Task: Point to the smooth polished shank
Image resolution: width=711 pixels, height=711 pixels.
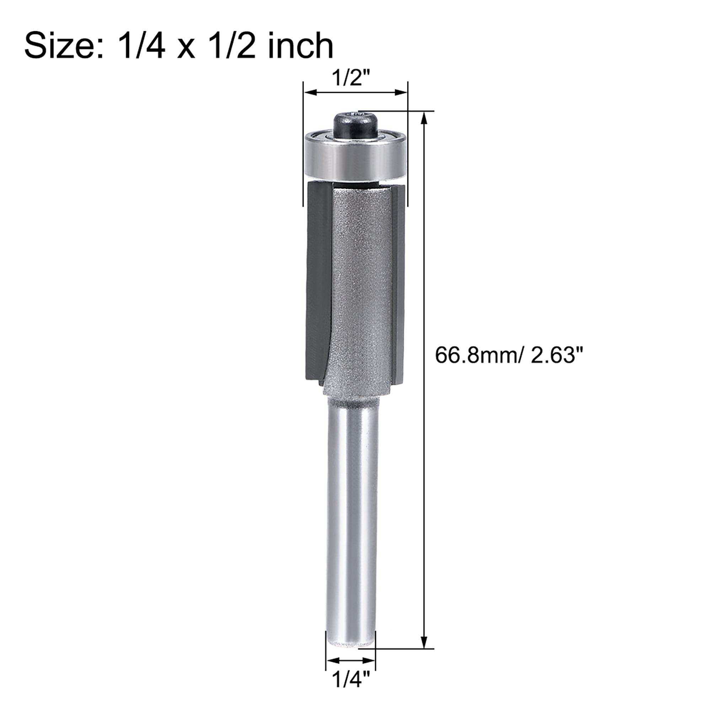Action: coord(352,515)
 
